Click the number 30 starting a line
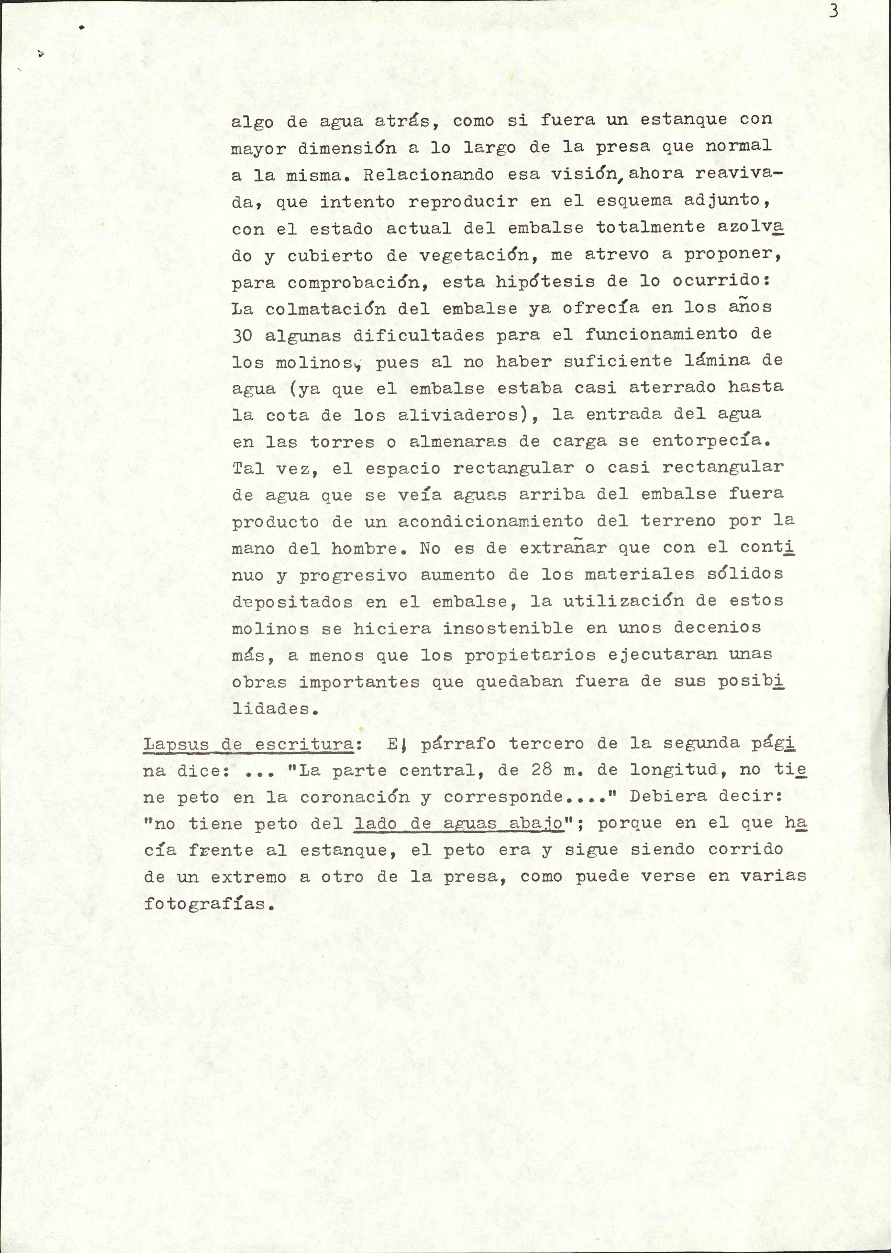[242, 335]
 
